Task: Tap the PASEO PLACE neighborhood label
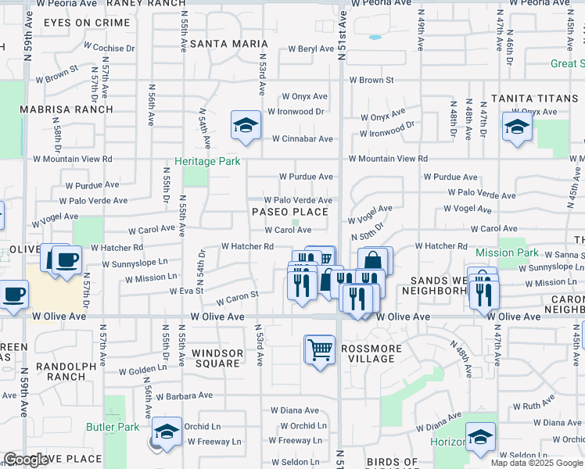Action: point(289,212)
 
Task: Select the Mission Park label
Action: point(507,252)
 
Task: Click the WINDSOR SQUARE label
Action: point(217,358)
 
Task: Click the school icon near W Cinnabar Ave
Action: point(246,125)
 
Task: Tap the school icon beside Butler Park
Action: point(167,431)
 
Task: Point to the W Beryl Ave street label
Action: point(311,48)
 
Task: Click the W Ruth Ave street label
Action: point(538,406)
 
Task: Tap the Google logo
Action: point(26,460)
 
